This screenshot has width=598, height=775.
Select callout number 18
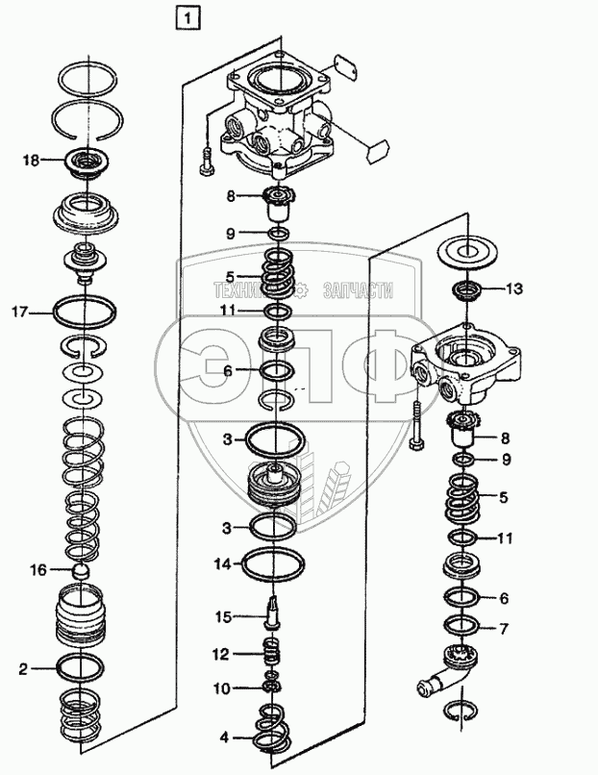[x=33, y=161]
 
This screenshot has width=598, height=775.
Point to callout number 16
[x=37, y=570]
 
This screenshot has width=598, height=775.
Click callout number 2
[x=21, y=664]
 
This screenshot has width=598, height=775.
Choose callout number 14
[x=221, y=564]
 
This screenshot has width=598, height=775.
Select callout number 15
[x=223, y=615]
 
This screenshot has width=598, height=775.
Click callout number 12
[x=221, y=654]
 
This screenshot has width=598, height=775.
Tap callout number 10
[x=221, y=687]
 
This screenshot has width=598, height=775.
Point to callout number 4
[x=224, y=738]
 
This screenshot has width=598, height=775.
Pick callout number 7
[x=503, y=629]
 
